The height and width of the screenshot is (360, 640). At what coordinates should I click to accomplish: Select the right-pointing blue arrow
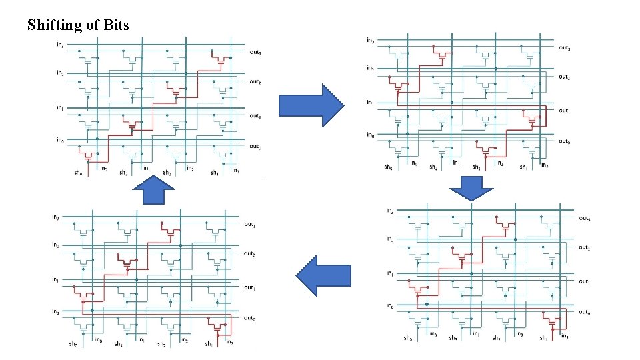click(310, 105)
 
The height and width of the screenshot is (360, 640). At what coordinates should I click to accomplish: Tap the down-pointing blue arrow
click(472, 188)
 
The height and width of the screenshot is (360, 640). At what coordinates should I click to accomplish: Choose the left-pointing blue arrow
click(324, 280)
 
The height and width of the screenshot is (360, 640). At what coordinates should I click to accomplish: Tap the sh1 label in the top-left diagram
click(213, 172)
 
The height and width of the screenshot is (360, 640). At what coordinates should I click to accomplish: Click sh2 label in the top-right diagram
click(476, 167)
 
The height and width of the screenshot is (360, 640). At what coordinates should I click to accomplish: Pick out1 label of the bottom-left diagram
click(249, 287)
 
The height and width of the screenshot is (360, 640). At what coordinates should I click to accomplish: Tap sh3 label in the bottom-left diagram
click(118, 344)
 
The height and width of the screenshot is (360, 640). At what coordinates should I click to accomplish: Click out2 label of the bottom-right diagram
click(584, 247)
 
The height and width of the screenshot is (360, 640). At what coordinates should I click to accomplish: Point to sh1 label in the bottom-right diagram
click(543, 338)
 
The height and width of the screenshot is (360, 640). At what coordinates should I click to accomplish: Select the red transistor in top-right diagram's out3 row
click(442, 55)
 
